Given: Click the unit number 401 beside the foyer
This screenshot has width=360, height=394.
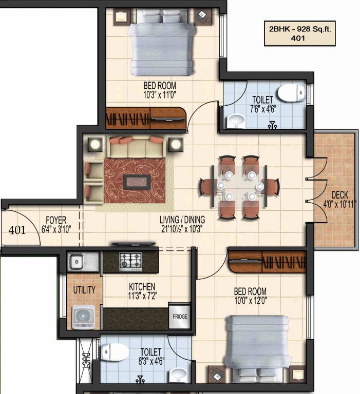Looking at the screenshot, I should click(17, 230).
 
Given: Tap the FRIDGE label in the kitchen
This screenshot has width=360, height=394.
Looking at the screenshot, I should click(179, 317).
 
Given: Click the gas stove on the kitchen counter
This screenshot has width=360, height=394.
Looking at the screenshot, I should click(130, 261).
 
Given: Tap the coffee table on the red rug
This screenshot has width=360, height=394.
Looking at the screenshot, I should click(136, 181).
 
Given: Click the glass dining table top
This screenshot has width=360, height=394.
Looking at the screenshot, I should click(240, 185).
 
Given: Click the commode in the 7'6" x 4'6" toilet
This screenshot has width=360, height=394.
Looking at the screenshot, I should click(290, 94).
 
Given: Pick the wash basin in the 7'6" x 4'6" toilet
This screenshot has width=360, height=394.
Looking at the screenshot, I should click(236, 121).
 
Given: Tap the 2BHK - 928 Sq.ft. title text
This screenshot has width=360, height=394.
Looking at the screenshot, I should click(293, 29).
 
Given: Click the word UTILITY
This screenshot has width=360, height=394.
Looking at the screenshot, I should click(84, 290).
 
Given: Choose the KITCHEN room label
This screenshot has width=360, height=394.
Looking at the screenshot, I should click(142, 286).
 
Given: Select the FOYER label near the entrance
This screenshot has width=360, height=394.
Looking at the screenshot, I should click(55, 221).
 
